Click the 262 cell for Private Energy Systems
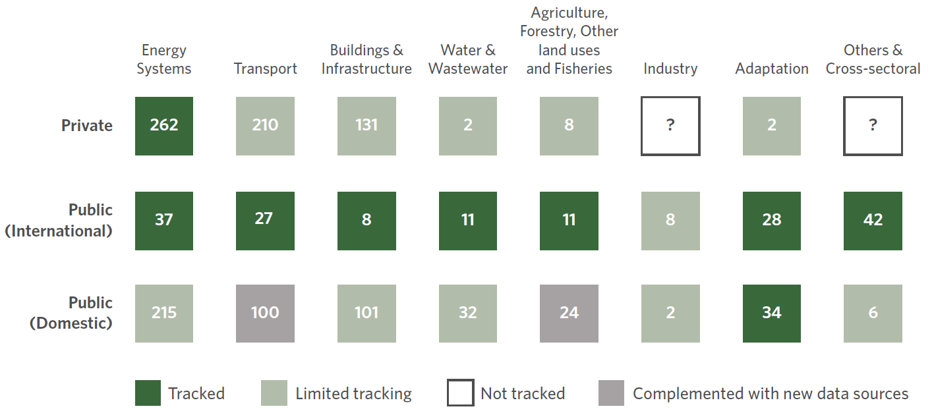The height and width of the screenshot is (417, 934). [164, 126]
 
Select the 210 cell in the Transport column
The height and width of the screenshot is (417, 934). [265, 126]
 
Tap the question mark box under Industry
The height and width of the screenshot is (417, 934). [670, 126]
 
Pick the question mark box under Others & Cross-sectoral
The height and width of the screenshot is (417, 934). [873, 126]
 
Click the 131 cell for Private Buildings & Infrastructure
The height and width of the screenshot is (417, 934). [366, 126]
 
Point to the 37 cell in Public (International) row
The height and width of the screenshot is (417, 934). [164, 221]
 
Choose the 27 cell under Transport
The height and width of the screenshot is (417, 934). [265, 221]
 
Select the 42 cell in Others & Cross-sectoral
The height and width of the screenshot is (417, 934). [873, 221]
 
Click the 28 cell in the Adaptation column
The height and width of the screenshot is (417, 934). [772, 221]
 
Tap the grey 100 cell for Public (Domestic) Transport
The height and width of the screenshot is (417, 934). [265, 314]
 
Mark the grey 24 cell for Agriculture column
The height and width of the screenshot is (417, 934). [569, 314]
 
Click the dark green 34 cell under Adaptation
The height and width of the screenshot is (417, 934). [772, 314]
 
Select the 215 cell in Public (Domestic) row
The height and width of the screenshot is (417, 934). [164, 314]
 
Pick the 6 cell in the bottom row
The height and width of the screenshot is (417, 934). [873, 314]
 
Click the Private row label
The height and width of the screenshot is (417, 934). [87, 125]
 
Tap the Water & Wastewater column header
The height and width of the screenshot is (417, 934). [468, 59]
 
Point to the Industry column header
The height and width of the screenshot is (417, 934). [670, 69]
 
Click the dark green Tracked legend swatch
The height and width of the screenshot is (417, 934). [148, 393]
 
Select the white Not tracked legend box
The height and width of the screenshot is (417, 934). [460, 393]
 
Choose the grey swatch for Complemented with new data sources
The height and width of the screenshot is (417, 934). [611, 393]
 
